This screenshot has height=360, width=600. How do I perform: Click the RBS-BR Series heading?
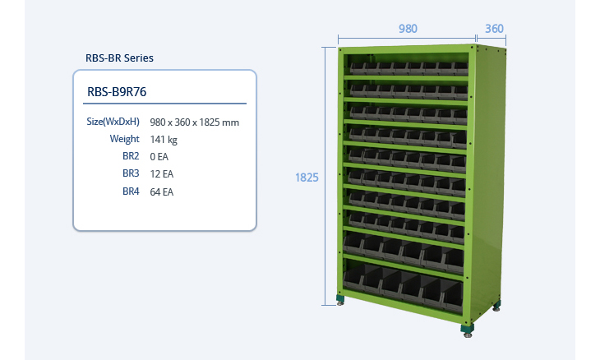119,58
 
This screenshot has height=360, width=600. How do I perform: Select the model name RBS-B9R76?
117,91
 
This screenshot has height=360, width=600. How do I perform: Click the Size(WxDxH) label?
113,122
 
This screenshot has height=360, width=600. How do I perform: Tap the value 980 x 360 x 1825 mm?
195,122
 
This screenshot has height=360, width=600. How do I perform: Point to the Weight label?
124,139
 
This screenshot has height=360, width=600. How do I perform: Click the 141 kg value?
164,140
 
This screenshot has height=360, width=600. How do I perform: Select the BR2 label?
131,156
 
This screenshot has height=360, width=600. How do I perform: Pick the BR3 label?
131,173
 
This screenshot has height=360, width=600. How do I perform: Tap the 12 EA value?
162,174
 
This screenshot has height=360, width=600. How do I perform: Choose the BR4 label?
131,192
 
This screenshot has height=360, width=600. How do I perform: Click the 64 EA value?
162,192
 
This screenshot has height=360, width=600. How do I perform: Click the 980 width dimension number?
408,28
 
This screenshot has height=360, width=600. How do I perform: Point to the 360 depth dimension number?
494,28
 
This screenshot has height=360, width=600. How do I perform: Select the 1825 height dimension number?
307,177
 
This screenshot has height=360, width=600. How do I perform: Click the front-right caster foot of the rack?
468,330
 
